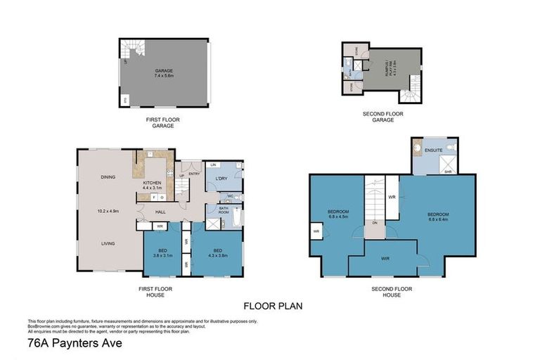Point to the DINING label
pyautogui.click(x=108, y=177)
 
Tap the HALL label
pyautogui.click(x=160, y=211)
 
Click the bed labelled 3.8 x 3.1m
pyautogui.click(x=163, y=252)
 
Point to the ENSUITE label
pyautogui.click(x=433, y=149)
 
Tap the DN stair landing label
pyautogui.click(x=374, y=224)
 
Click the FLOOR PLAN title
pyautogui.click(x=273, y=306)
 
